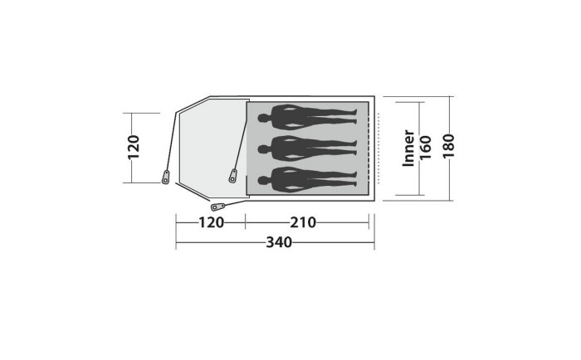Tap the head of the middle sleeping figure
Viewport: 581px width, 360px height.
(262, 148)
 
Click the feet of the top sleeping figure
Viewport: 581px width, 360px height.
(355, 117)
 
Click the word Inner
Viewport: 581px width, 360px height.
(408, 148)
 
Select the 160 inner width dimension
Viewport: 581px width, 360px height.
(425, 148)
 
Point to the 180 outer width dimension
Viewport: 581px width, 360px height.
(448, 148)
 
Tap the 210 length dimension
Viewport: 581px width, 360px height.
(304, 221)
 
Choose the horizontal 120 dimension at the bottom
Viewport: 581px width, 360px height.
(211, 221)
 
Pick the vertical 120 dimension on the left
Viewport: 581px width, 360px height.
(133, 147)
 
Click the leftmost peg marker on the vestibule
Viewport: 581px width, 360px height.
(166, 177)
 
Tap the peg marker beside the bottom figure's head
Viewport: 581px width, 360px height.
(233, 176)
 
